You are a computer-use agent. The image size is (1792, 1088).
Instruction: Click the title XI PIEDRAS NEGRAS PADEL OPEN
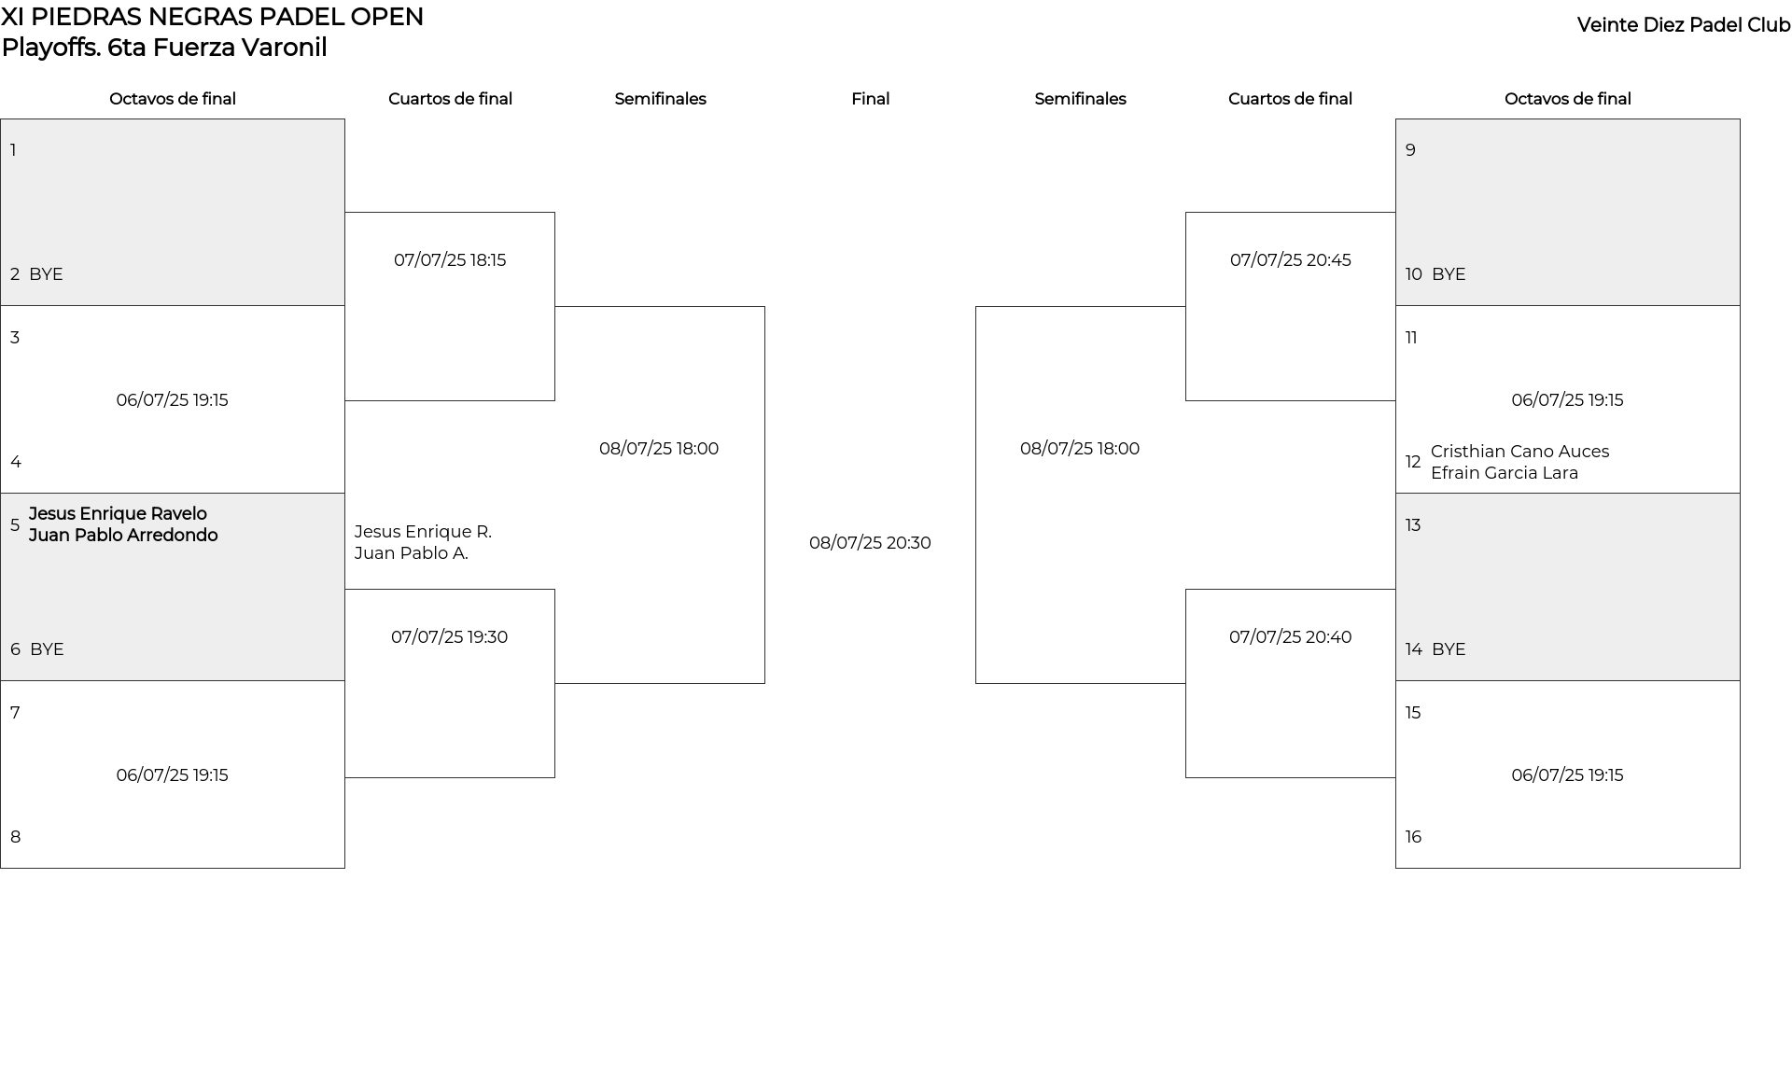(213, 17)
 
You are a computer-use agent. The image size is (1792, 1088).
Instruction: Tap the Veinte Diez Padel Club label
(1684, 25)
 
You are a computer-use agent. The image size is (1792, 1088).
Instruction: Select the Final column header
(870, 99)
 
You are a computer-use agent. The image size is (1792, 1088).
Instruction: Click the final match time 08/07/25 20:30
(870, 543)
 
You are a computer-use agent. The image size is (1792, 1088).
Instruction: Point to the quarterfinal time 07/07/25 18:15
(450, 260)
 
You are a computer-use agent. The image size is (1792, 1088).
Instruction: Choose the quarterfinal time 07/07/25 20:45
(1290, 260)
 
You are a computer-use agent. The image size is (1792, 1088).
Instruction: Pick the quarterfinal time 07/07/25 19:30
(449, 637)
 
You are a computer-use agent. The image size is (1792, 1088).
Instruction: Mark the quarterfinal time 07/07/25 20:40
(1290, 637)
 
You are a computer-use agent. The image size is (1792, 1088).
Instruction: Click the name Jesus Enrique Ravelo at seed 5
(118, 514)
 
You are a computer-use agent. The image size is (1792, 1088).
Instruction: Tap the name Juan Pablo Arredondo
(123, 536)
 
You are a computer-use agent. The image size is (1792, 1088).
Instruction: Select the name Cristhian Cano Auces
(1519, 452)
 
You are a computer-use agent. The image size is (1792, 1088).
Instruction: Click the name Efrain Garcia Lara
(1505, 473)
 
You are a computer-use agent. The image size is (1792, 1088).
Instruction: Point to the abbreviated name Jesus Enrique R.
(423, 532)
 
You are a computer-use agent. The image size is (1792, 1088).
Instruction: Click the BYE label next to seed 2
(46, 274)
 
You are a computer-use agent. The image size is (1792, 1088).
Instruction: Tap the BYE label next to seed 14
(1449, 649)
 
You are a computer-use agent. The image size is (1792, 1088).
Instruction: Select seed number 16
(1413, 837)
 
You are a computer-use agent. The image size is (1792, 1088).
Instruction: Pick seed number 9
(1410, 150)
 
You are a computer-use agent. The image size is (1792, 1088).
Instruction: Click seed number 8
(15, 837)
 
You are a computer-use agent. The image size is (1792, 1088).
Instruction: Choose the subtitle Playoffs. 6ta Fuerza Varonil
(164, 48)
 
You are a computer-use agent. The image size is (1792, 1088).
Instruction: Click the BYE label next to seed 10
(1449, 274)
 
